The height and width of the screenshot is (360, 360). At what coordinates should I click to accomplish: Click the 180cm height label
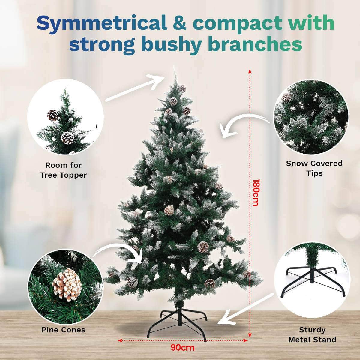[255, 193]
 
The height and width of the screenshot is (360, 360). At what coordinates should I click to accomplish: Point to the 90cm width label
[183, 348]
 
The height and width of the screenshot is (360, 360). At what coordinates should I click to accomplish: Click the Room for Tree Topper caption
[63, 170]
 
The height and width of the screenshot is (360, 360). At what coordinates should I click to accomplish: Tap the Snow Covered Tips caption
[314, 168]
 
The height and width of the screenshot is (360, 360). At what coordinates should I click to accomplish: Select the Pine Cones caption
[63, 330]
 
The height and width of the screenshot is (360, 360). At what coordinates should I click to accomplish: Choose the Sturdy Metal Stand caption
[312, 335]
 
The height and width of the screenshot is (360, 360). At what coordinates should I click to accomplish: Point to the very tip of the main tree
[174, 67]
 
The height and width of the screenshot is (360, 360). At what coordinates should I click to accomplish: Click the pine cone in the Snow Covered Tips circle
[287, 97]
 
